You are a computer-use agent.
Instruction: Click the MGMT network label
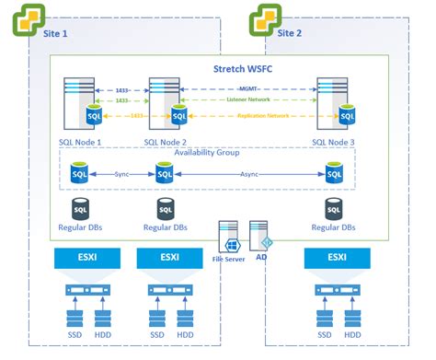click(x=247, y=89)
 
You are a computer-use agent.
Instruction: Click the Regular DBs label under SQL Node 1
click(x=81, y=226)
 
